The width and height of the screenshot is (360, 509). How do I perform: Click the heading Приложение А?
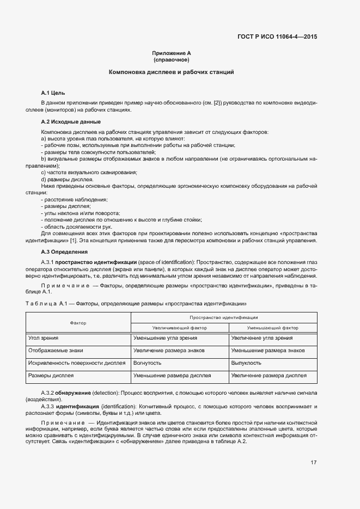pos(171,53)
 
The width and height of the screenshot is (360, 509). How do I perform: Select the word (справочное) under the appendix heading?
pos(171,59)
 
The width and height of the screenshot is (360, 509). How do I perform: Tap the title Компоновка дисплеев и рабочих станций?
pos(171,72)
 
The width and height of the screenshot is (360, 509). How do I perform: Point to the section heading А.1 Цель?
pos(53,93)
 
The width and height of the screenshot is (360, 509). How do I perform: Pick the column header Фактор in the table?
pos(78,323)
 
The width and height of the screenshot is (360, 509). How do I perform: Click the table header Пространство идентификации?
pos(223,317)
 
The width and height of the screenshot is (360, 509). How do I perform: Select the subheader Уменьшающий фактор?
pos(272,328)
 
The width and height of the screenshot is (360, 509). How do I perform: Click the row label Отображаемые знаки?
pos(56,351)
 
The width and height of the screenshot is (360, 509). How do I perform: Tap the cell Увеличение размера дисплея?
pos(269,376)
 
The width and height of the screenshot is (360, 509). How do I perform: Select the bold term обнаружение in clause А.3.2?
pos(75,392)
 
